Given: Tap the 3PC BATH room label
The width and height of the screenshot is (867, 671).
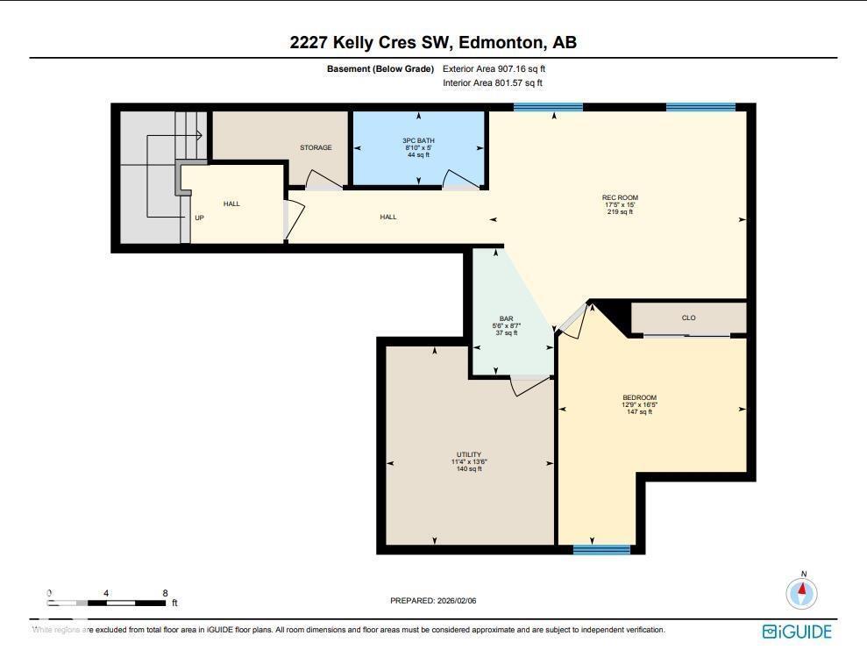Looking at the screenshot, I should [418, 140].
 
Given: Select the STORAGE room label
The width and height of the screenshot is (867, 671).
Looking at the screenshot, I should [316, 147].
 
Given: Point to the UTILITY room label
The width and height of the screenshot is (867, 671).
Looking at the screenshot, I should [469, 454].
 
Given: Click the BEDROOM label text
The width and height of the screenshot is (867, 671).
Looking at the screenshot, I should [639, 397].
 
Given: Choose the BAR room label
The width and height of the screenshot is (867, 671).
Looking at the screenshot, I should [506, 318].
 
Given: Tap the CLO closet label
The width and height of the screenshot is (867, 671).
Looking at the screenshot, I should [688, 318].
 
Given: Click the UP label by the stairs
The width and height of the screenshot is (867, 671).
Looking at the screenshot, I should [199, 218].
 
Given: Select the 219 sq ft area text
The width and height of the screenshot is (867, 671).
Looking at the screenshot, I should [619, 211].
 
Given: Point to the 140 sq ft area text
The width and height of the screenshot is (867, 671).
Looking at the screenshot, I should [469, 469].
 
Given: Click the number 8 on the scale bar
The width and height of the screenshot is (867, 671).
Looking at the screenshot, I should [165, 593].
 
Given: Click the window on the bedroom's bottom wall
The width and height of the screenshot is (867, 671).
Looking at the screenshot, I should [601, 550].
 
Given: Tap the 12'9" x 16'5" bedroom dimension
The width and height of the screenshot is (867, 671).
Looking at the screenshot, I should [639, 404].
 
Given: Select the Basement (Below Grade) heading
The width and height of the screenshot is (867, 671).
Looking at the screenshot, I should [380, 68].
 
